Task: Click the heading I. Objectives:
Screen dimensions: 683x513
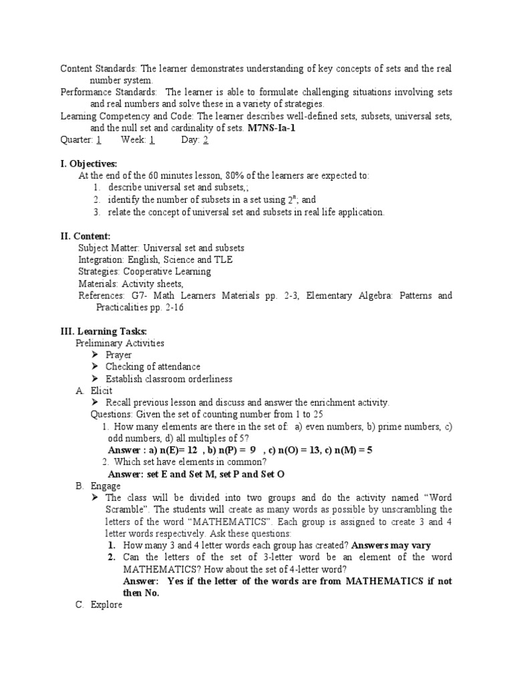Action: coord(89,163)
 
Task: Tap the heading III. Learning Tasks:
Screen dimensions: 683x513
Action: coord(104,331)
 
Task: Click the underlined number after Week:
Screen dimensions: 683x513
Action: coord(152,139)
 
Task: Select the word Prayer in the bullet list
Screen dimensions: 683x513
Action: coord(119,355)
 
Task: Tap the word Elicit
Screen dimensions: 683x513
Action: coord(102,391)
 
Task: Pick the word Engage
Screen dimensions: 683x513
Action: coord(104,486)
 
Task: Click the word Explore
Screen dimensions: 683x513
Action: coord(106,605)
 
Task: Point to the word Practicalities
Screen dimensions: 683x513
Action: coord(125,307)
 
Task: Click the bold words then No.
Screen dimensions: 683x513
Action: coord(142,593)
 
